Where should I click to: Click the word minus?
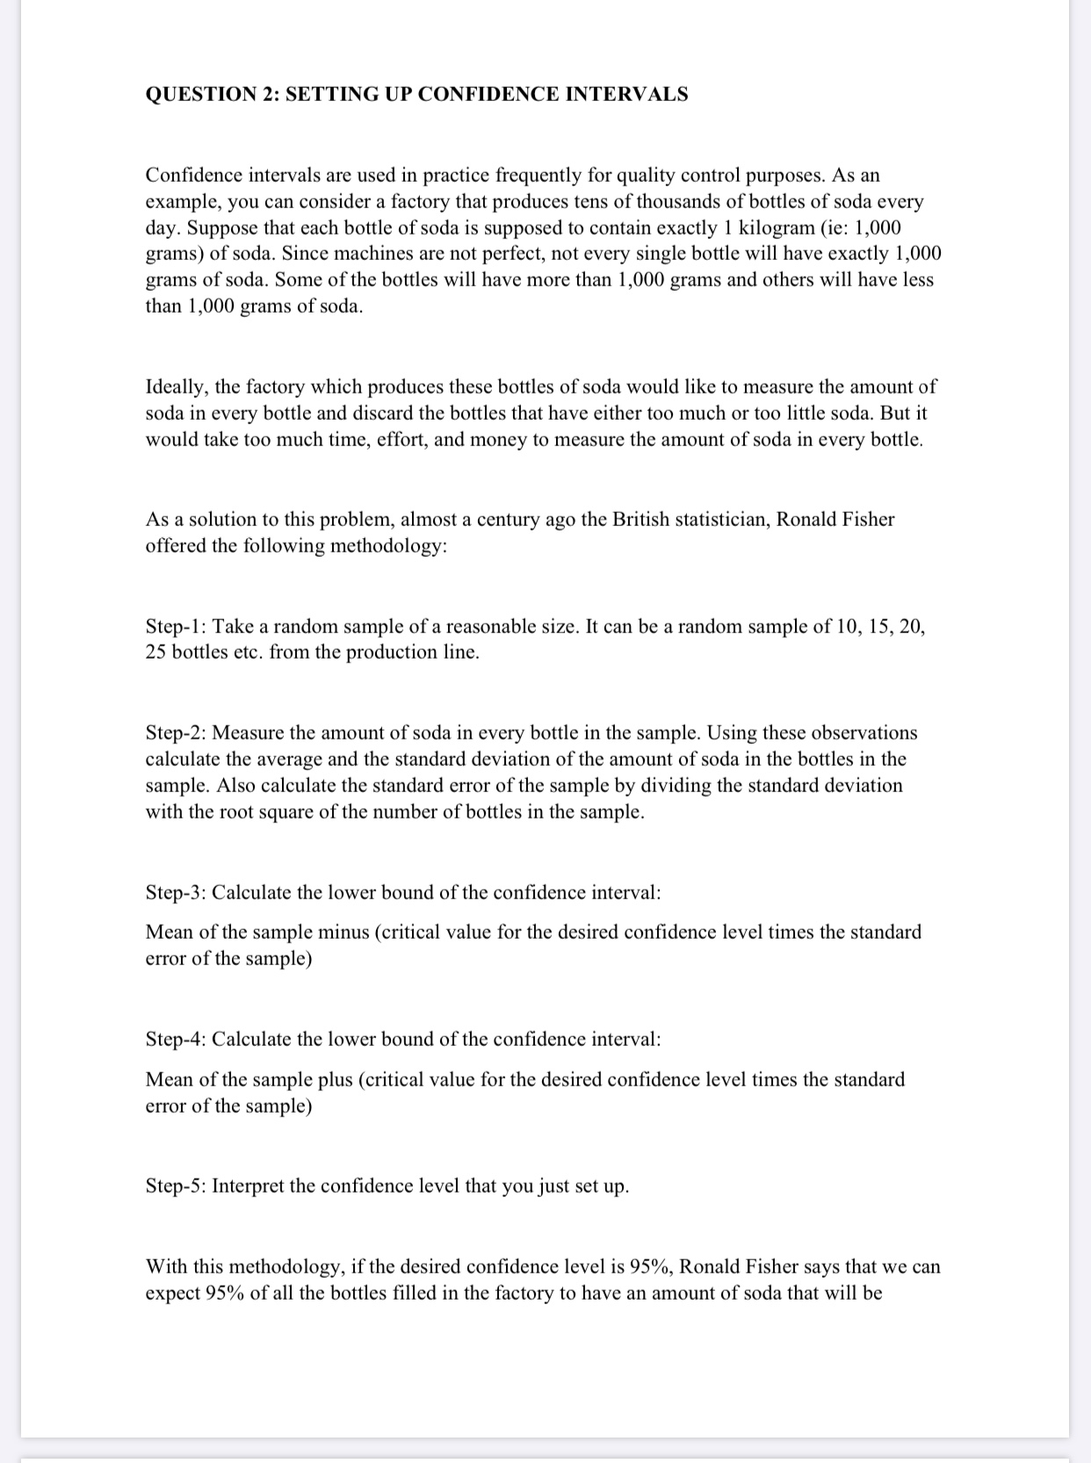coord(343,932)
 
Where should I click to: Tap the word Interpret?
coord(247,1186)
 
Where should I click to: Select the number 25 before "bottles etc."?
coord(155,652)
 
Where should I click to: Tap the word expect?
coord(172,1294)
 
